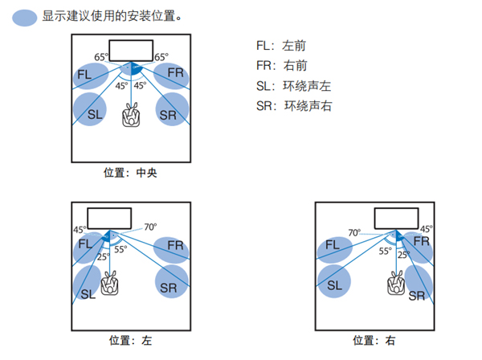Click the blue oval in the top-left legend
(25, 16)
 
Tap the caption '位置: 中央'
(130, 171)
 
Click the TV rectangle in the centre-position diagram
(130, 49)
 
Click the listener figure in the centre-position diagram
(131, 116)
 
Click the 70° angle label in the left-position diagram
(150, 227)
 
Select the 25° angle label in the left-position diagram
(103, 257)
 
